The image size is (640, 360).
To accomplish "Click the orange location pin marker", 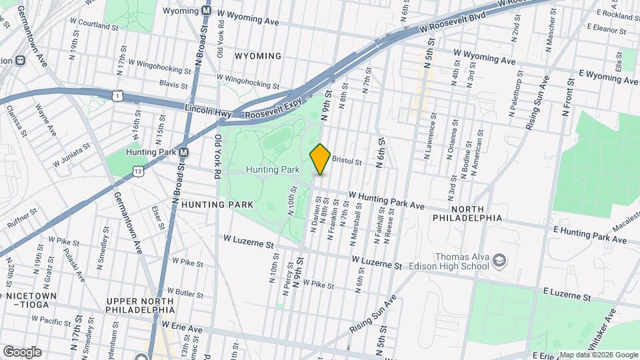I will click(x=320, y=159).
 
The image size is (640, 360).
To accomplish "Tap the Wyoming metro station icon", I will click(x=207, y=11).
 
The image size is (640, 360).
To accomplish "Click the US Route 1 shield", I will click(x=117, y=97).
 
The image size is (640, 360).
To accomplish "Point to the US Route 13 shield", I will click(x=137, y=171).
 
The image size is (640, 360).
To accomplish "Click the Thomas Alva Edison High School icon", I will click(x=499, y=261).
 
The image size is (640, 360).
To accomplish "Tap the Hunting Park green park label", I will click(x=273, y=170).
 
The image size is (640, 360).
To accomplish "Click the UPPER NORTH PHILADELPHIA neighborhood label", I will click(x=140, y=305).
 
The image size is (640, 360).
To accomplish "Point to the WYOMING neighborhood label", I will click(x=257, y=56).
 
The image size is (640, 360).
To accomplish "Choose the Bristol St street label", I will click(x=346, y=161).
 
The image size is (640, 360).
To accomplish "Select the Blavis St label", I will click(x=174, y=85).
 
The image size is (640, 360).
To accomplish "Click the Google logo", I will click(x=21, y=352).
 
